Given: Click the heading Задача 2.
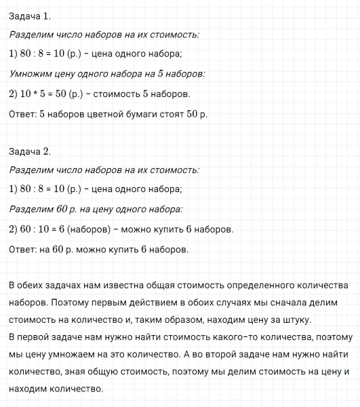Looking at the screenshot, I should coord(30,151).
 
